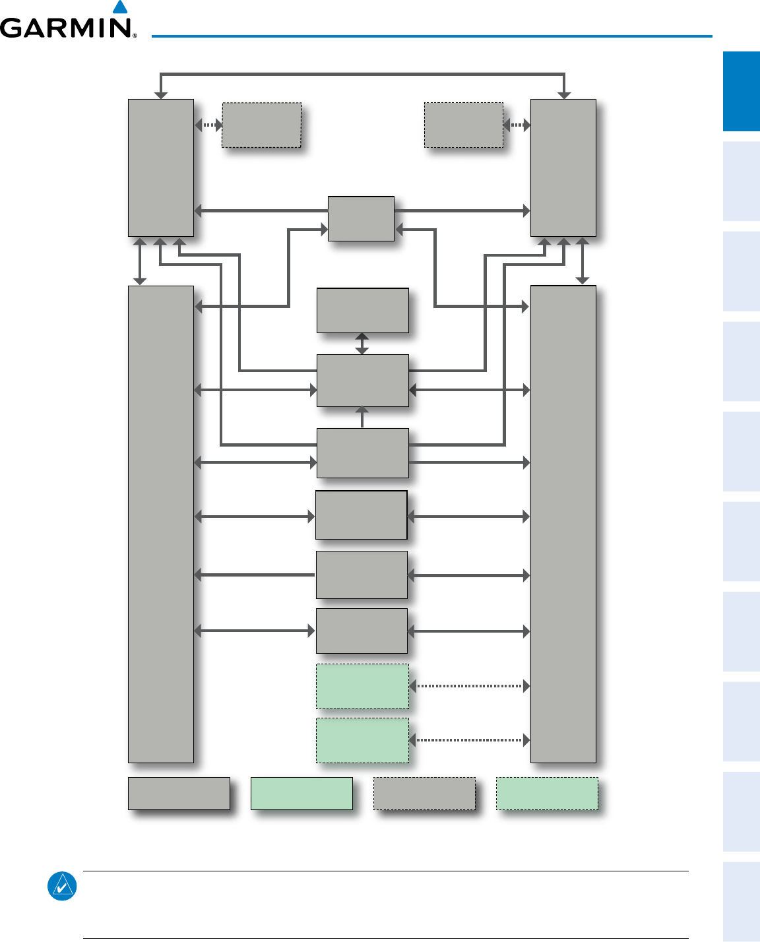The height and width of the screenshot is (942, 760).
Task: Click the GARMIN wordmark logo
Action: pyautogui.click(x=66, y=28)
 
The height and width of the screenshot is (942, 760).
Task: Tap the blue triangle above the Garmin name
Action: pyautogui.click(x=119, y=7)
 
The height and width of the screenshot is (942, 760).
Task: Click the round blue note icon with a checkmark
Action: pyautogui.click(x=62, y=887)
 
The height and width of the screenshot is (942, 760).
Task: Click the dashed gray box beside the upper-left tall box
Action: pyautogui.click(x=262, y=125)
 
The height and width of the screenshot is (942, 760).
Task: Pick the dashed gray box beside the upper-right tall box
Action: pyautogui.click(x=464, y=125)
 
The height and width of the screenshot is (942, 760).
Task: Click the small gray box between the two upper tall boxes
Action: pyautogui.click(x=361, y=218)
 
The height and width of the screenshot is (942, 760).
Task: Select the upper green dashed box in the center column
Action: pyautogui.click(x=362, y=686)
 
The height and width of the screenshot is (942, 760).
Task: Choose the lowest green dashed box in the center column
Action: pyautogui.click(x=362, y=740)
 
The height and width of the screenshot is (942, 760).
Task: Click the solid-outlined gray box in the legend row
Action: pyautogui.click(x=179, y=793)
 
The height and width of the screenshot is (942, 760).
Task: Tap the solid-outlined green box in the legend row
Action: pyautogui.click(x=301, y=793)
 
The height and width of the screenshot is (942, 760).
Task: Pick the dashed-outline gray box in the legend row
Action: pyautogui.click(x=424, y=793)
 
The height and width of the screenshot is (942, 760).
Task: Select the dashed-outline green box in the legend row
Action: pyautogui.click(x=547, y=793)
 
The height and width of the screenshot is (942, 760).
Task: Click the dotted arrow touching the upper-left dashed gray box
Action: pyautogui.click(x=208, y=125)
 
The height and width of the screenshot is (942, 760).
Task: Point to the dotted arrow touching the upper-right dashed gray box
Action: pyautogui.click(x=517, y=125)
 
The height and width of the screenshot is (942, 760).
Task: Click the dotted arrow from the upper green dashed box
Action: pyautogui.click(x=470, y=686)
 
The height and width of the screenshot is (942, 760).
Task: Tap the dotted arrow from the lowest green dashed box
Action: pyautogui.click(x=470, y=740)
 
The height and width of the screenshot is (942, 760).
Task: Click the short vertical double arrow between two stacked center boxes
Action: pyautogui.click(x=362, y=344)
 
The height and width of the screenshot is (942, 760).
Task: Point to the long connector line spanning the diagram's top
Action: pyautogui.click(x=362, y=74)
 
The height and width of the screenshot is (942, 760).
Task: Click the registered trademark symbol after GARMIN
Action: pyautogui.click(x=135, y=36)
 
